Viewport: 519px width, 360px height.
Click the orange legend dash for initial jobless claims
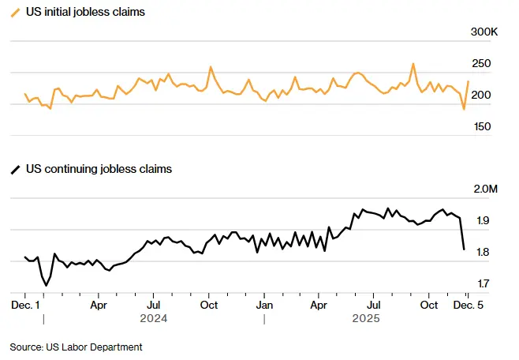coord(16,13)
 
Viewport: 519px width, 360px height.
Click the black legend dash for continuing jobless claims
coord(16,169)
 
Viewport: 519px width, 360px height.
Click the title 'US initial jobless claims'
coord(85,13)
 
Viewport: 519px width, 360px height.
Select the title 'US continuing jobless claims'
coord(99,169)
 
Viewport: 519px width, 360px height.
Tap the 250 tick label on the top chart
coord(481,64)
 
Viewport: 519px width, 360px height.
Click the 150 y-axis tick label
coord(481,126)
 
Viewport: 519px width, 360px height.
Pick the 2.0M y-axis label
coord(484,189)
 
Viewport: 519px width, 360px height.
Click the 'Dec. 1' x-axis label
coord(26,304)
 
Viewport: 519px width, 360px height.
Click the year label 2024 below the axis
coord(154,319)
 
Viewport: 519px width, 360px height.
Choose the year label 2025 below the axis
coord(366,319)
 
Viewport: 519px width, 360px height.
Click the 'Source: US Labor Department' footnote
coord(76,347)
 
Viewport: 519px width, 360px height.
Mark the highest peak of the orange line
coord(413,64)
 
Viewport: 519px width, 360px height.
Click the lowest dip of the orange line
coord(464,109)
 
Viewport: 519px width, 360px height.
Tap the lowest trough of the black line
coord(46,284)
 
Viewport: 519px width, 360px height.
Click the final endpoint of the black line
coord(464,249)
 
